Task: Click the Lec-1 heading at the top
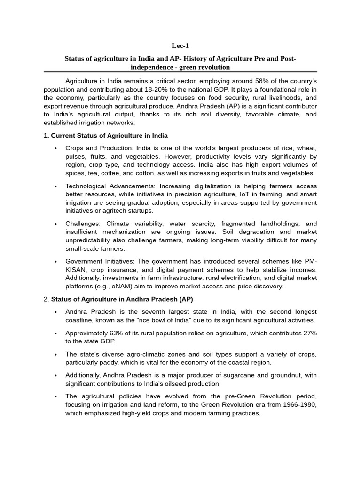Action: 180,46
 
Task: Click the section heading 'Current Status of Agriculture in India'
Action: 109,136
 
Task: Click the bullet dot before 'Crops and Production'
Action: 55,148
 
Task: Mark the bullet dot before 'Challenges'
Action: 55,224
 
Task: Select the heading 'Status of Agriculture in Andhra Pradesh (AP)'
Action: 122,299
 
